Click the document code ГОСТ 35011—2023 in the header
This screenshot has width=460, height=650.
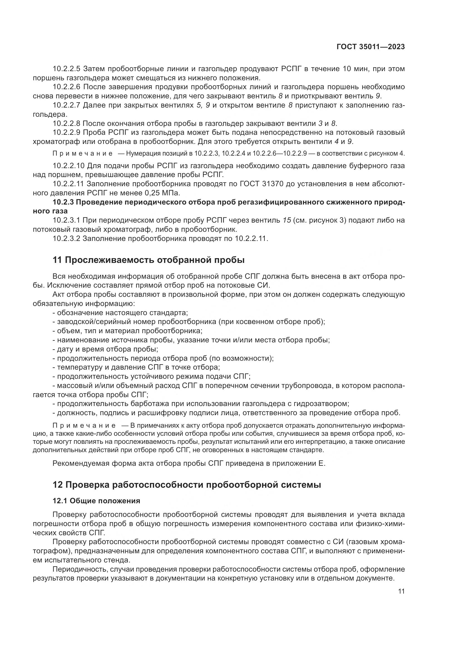pyautogui.click(x=370, y=47)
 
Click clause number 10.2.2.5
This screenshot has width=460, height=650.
pyautogui.click(x=67, y=69)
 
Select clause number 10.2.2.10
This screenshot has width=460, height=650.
pyautogui.click(x=68, y=166)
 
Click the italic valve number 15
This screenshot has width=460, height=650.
pyautogui.click(x=287, y=220)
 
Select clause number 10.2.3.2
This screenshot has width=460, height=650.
pyautogui.click(x=67, y=238)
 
